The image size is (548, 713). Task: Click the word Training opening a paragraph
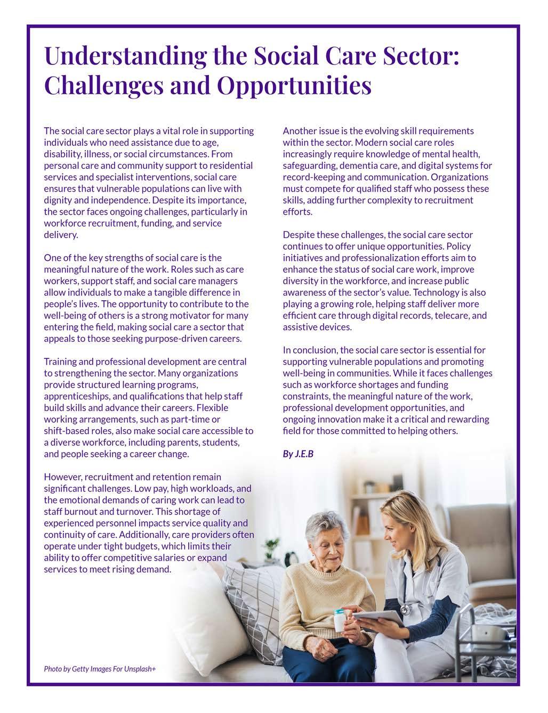[x=60, y=362]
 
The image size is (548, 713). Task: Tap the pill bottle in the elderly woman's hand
[x=339, y=621]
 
